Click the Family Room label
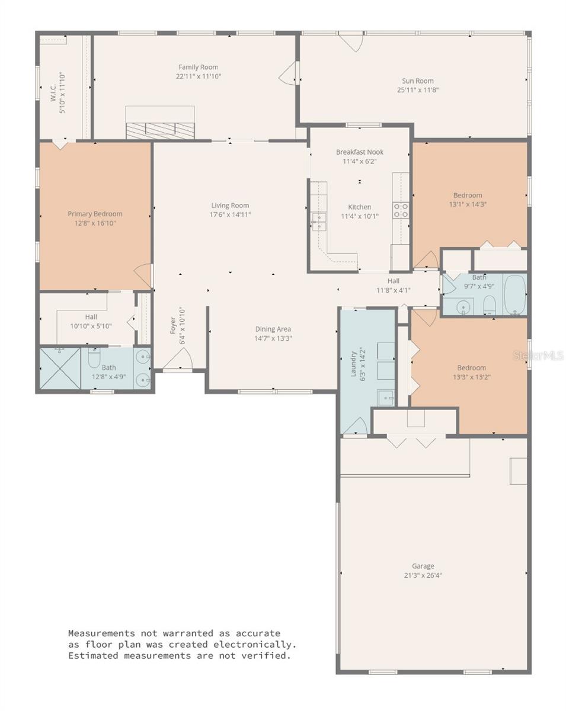coord(199,68)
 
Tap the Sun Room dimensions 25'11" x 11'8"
coord(417,90)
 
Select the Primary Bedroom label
coord(95,214)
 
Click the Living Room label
coord(230,206)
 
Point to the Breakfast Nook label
coord(360,152)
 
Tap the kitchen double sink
coord(319,222)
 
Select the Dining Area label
coord(273,329)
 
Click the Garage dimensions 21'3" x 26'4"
coord(423,575)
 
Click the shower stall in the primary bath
coord(60,369)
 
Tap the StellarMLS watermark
coord(538,356)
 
